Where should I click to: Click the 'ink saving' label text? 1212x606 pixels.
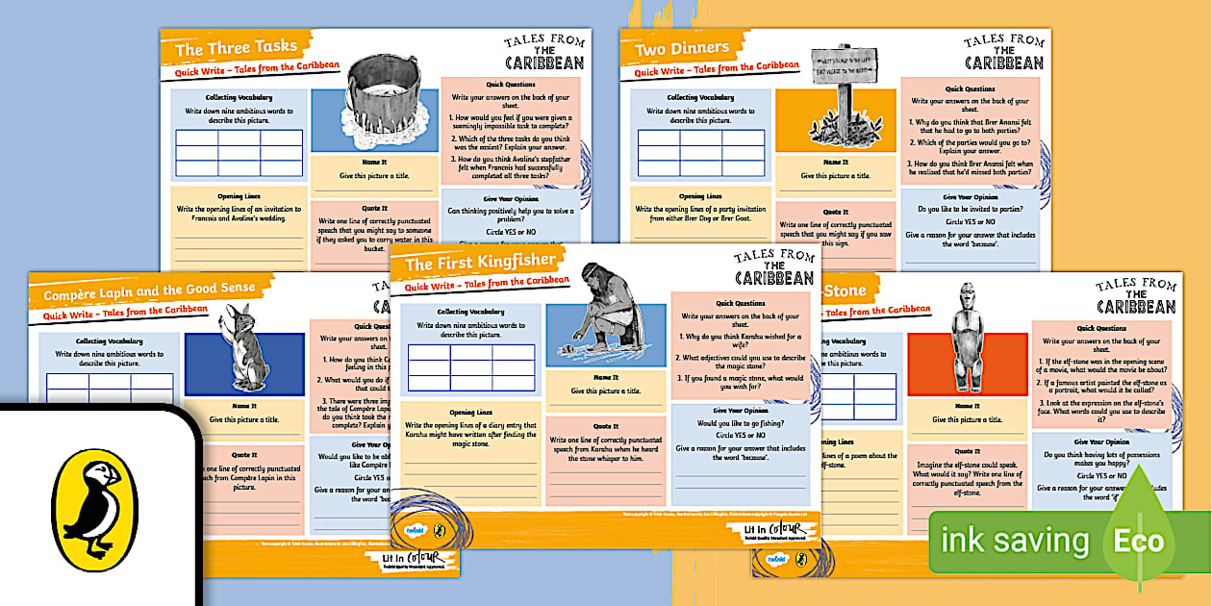(1015, 542)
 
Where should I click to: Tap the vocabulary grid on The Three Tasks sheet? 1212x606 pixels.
(240, 152)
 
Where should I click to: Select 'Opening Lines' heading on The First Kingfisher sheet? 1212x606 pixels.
(465, 414)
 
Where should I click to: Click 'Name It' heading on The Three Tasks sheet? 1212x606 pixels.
(374, 163)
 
